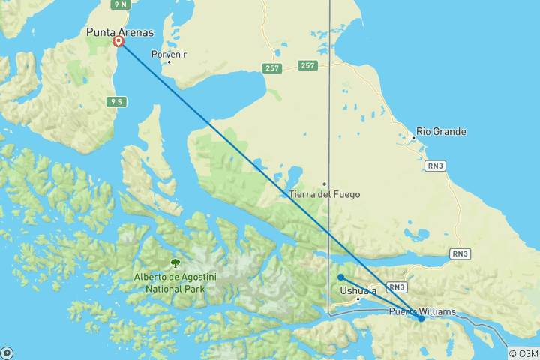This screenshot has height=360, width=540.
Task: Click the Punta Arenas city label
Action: pos(120,32)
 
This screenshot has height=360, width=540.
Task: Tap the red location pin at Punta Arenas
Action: pos(118,42)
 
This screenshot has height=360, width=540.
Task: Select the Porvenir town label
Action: pos(169,54)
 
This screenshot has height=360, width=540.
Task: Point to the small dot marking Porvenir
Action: pos(169,61)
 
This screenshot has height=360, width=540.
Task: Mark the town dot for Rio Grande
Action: pos(414,138)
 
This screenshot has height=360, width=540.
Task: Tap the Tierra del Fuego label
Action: pos(325,194)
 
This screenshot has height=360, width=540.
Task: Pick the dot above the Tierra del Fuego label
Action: pos(325,184)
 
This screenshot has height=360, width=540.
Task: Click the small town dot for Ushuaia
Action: pos(358,299)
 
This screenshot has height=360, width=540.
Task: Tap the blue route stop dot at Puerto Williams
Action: pos(421,319)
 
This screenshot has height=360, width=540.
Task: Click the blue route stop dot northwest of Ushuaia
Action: pos(341,277)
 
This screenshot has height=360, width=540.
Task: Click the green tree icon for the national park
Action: pos(175,263)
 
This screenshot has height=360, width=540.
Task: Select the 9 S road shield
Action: pos(116,100)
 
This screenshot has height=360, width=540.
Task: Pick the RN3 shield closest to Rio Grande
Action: pos(435,165)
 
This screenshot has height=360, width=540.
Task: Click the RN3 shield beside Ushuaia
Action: pos(398,286)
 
